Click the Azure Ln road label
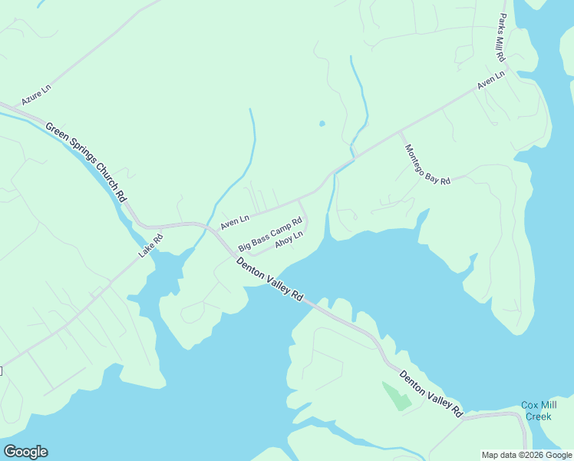[36, 95]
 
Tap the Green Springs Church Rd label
[85, 161]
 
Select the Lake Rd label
[150, 245]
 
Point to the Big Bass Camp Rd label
[269, 235]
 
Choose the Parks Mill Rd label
[501, 38]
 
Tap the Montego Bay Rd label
[427, 164]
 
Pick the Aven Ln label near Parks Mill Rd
[490, 81]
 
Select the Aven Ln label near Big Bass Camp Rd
[235, 222]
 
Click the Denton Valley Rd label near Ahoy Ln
[269, 279]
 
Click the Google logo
[25, 452]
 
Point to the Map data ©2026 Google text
[526, 455]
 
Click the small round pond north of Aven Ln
[322, 123]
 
